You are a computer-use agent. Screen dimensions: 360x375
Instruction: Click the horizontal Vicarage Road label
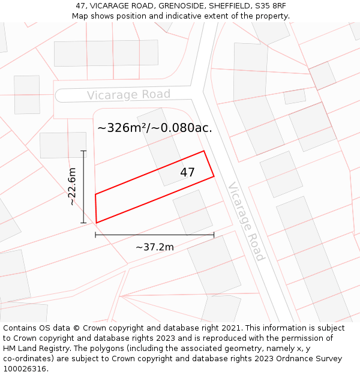(x=128, y=95)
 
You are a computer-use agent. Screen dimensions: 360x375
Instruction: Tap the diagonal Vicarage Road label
(x=245, y=221)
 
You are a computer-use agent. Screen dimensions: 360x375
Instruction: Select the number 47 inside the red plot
(x=187, y=173)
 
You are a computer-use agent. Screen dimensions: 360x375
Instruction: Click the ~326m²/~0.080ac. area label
(x=155, y=127)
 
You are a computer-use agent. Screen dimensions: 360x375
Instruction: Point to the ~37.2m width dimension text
(x=154, y=247)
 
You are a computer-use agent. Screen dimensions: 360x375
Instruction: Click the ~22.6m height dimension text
(x=72, y=187)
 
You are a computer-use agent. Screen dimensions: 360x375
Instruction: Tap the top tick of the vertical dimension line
(x=84, y=151)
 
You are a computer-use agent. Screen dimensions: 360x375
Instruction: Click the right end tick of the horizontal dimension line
(x=214, y=235)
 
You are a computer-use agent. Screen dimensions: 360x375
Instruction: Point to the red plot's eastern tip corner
(x=214, y=176)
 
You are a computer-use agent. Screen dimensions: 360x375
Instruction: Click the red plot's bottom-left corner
(x=97, y=223)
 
